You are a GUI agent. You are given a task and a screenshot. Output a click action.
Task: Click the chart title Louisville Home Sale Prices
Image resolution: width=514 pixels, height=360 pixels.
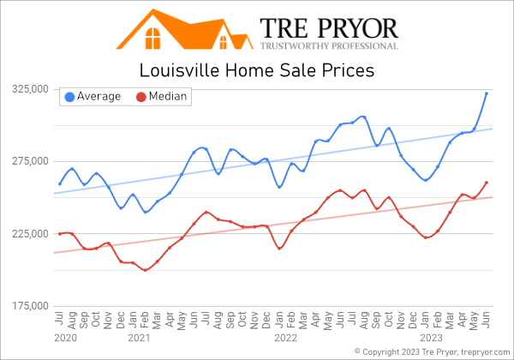pyautogui.click(x=256, y=70)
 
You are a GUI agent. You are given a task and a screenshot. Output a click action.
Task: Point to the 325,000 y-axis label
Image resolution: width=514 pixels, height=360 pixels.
pyautogui.click(x=28, y=89)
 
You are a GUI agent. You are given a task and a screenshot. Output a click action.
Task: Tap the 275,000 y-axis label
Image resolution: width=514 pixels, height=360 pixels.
pyautogui.click(x=28, y=161)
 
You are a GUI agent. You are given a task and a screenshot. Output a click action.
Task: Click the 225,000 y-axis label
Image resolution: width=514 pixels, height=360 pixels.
pyautogui.click(x=28, y=233)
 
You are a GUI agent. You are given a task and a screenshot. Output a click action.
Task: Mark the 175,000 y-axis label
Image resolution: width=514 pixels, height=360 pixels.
pyautogui.click(x=28, y=306)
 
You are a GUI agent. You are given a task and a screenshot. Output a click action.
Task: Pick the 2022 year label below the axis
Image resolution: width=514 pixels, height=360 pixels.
pyautogui.click(x=285, y=339)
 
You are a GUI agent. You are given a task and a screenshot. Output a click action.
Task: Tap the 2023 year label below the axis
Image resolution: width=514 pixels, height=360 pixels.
pyautogui.click(x=432, y=339)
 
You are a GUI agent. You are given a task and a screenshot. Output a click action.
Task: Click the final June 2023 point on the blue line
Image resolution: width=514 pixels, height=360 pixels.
pyautogui.click(x=487, y=93)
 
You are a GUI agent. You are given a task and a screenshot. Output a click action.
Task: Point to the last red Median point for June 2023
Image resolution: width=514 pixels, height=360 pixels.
pyautogui.click(x=487, y=182)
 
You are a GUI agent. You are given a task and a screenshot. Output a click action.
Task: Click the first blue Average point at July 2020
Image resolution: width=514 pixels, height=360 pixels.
pyautogui.click(x=60, y=183)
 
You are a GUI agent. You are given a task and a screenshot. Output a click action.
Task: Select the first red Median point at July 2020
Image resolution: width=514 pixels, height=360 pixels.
pyautogui.click(x=60, y=233)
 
